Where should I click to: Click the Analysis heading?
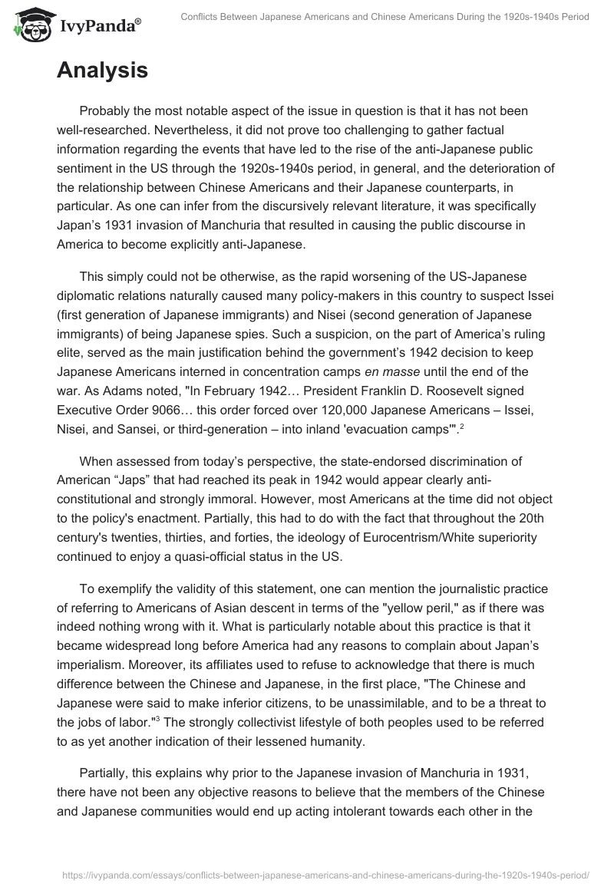point(102,71)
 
